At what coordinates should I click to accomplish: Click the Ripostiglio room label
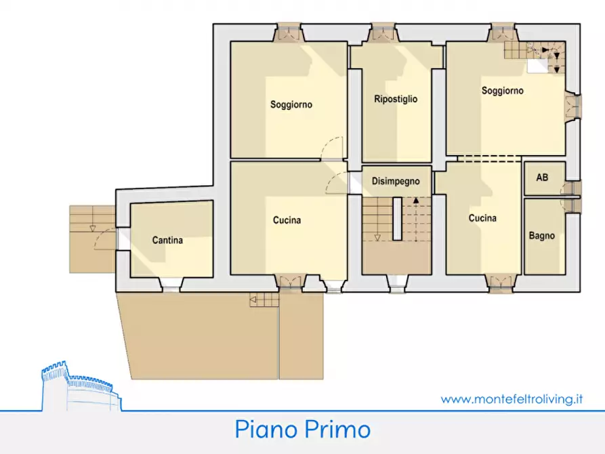pyautogui.click(x=396, y=99)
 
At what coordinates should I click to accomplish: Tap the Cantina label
pyautogui.click(x=167, y=240)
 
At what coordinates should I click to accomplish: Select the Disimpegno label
pyautogui.click(x=396, y=182)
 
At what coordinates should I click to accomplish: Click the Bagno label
pyautogui.click(x=542, y=236)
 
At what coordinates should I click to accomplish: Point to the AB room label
pyautogui.click(x=542, y=178)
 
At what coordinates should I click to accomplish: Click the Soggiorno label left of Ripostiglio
pyautogui.click(x=291, y=104)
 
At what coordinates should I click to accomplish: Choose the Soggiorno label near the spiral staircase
pyautogui.click(x=502, y=90)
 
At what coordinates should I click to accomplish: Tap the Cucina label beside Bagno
pyautogui.click(x=482, y=218)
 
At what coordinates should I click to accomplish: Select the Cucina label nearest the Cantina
pyautogui.click(x=287, y=220)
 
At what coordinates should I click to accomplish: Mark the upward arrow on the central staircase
pyautogui.click(x=417, y=201)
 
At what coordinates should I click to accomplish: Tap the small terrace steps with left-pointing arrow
pyautogui.click(x=264, y=300)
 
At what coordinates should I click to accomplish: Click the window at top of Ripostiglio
pyautogui.click(x=383, y=31)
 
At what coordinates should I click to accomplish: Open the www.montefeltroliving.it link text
pyautogui.click(x=512, y=399)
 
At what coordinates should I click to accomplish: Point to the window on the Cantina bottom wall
pyautogui.click(x=171, y=285)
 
